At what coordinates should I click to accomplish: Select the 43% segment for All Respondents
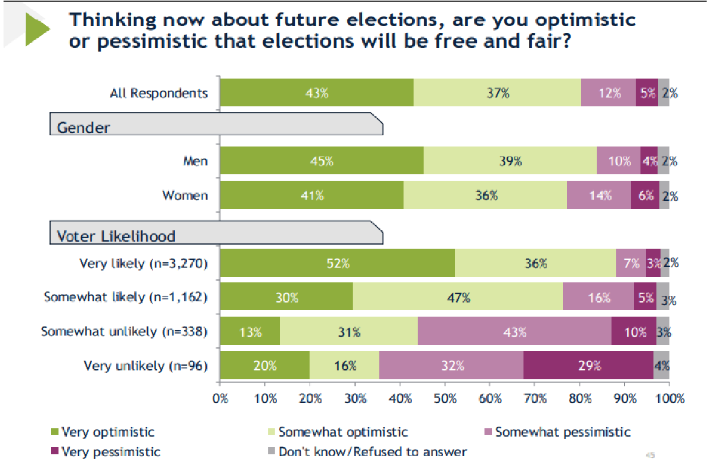click(316, 93)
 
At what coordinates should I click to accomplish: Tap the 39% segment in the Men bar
click(509, 161)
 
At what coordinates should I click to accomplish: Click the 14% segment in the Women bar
click(599, 196)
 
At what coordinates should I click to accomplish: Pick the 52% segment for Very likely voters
click(337, 263)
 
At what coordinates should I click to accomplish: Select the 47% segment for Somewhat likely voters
click(458, 297)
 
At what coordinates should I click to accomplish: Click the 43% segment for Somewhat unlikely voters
click(514, 332)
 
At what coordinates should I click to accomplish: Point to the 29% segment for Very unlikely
click(588, 366)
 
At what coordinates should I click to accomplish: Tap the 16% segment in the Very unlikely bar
click(344, 366)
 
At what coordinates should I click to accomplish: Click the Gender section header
click(83, 127)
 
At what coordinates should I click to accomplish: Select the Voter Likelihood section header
click(116, 236)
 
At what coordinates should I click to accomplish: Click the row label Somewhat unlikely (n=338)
click(124, 331)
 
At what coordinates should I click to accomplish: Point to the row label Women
click(185, 196)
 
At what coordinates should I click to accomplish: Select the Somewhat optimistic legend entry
click(343, 432)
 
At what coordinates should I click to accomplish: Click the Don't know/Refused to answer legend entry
click(372, 452)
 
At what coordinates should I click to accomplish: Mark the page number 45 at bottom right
click(650, 455)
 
